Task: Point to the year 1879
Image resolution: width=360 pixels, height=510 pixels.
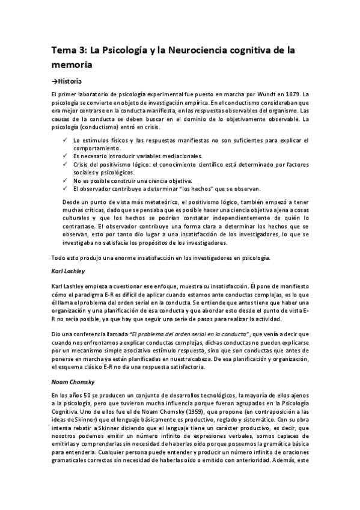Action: [x=292, y=95]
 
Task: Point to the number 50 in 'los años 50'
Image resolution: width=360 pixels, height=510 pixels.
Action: [x=85, y=393]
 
